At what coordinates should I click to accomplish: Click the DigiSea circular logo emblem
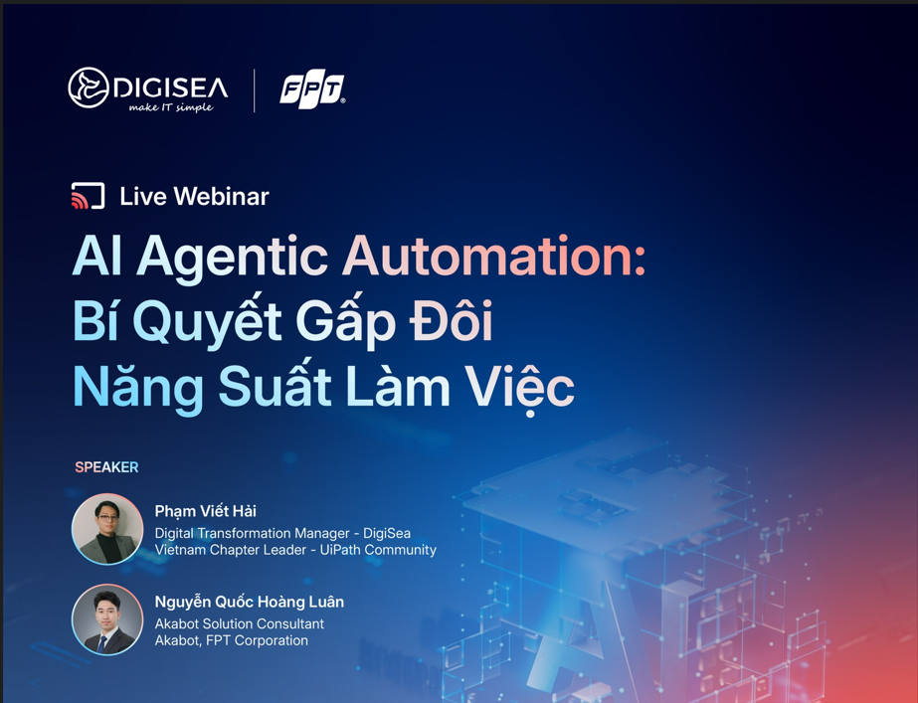point(89,88)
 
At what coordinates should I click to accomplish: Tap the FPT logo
point(312,90)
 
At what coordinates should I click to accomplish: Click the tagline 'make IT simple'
point(171,106)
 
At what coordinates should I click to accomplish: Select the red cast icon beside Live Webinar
point(88,196)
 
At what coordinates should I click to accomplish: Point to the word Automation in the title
point(493,256)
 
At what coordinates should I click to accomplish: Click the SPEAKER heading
point(106,467)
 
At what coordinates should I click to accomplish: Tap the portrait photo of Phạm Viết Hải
point(107,529)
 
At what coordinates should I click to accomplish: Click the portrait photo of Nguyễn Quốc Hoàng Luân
point(107,619)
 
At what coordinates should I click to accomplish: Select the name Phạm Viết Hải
point(206,512)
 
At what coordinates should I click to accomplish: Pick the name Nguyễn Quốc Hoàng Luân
point(250,603)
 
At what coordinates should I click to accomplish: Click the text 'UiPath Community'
point(378,550)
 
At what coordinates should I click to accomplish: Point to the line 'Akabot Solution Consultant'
point(240,624)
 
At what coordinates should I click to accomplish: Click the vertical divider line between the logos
point(254,90)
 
